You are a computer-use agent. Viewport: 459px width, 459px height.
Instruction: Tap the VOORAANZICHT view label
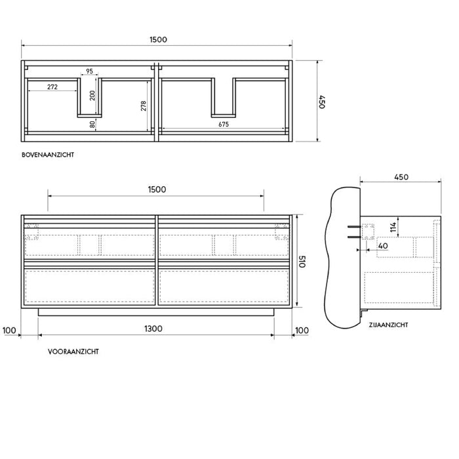73,351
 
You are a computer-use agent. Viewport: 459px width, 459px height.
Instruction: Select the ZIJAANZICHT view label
388,325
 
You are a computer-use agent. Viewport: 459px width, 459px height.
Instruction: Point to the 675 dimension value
224,125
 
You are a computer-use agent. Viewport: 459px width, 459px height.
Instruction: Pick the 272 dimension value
54,87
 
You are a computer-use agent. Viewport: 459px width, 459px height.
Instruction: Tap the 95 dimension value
89,71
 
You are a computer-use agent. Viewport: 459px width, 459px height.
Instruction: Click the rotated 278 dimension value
144,105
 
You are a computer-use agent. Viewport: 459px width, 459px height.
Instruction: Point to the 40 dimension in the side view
384,246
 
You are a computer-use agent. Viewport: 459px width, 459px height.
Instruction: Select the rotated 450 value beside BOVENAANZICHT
322,102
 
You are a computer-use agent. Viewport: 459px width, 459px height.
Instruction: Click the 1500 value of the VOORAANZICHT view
156,190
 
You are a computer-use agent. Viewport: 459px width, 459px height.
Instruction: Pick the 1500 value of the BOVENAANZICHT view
157,39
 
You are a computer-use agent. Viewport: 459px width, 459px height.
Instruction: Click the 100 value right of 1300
301,329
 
